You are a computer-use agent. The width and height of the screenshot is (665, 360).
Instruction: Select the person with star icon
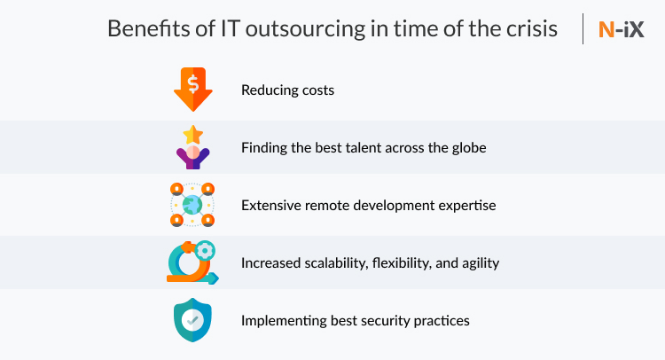pyautogui.click(x=192, y=147)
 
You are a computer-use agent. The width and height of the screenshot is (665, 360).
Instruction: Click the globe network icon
pyautogui.click(x=192, y=205)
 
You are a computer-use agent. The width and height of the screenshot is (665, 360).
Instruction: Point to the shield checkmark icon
pyautogui.click(x=192, y=320)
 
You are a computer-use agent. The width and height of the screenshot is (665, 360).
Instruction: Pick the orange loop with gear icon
pyautogui.click(x=191, y=263)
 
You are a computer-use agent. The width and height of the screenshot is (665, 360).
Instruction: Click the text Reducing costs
pyautogui.click(x=287, y=90)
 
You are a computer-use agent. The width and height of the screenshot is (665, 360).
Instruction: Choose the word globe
pyautogui.click(x=468, y=148)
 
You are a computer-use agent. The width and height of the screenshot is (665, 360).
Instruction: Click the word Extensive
pyautogui.click(x=270, y=206)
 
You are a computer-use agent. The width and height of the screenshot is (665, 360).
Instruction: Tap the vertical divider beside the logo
pyautogui.click(x=583, y=29)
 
